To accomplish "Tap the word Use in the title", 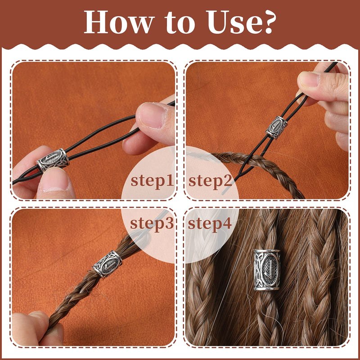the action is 232,22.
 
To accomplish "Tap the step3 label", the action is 152,223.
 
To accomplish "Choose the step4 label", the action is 210,223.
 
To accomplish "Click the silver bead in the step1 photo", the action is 53,160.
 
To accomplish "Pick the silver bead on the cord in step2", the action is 277,127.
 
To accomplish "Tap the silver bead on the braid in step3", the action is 107,264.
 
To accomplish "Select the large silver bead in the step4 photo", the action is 267,270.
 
